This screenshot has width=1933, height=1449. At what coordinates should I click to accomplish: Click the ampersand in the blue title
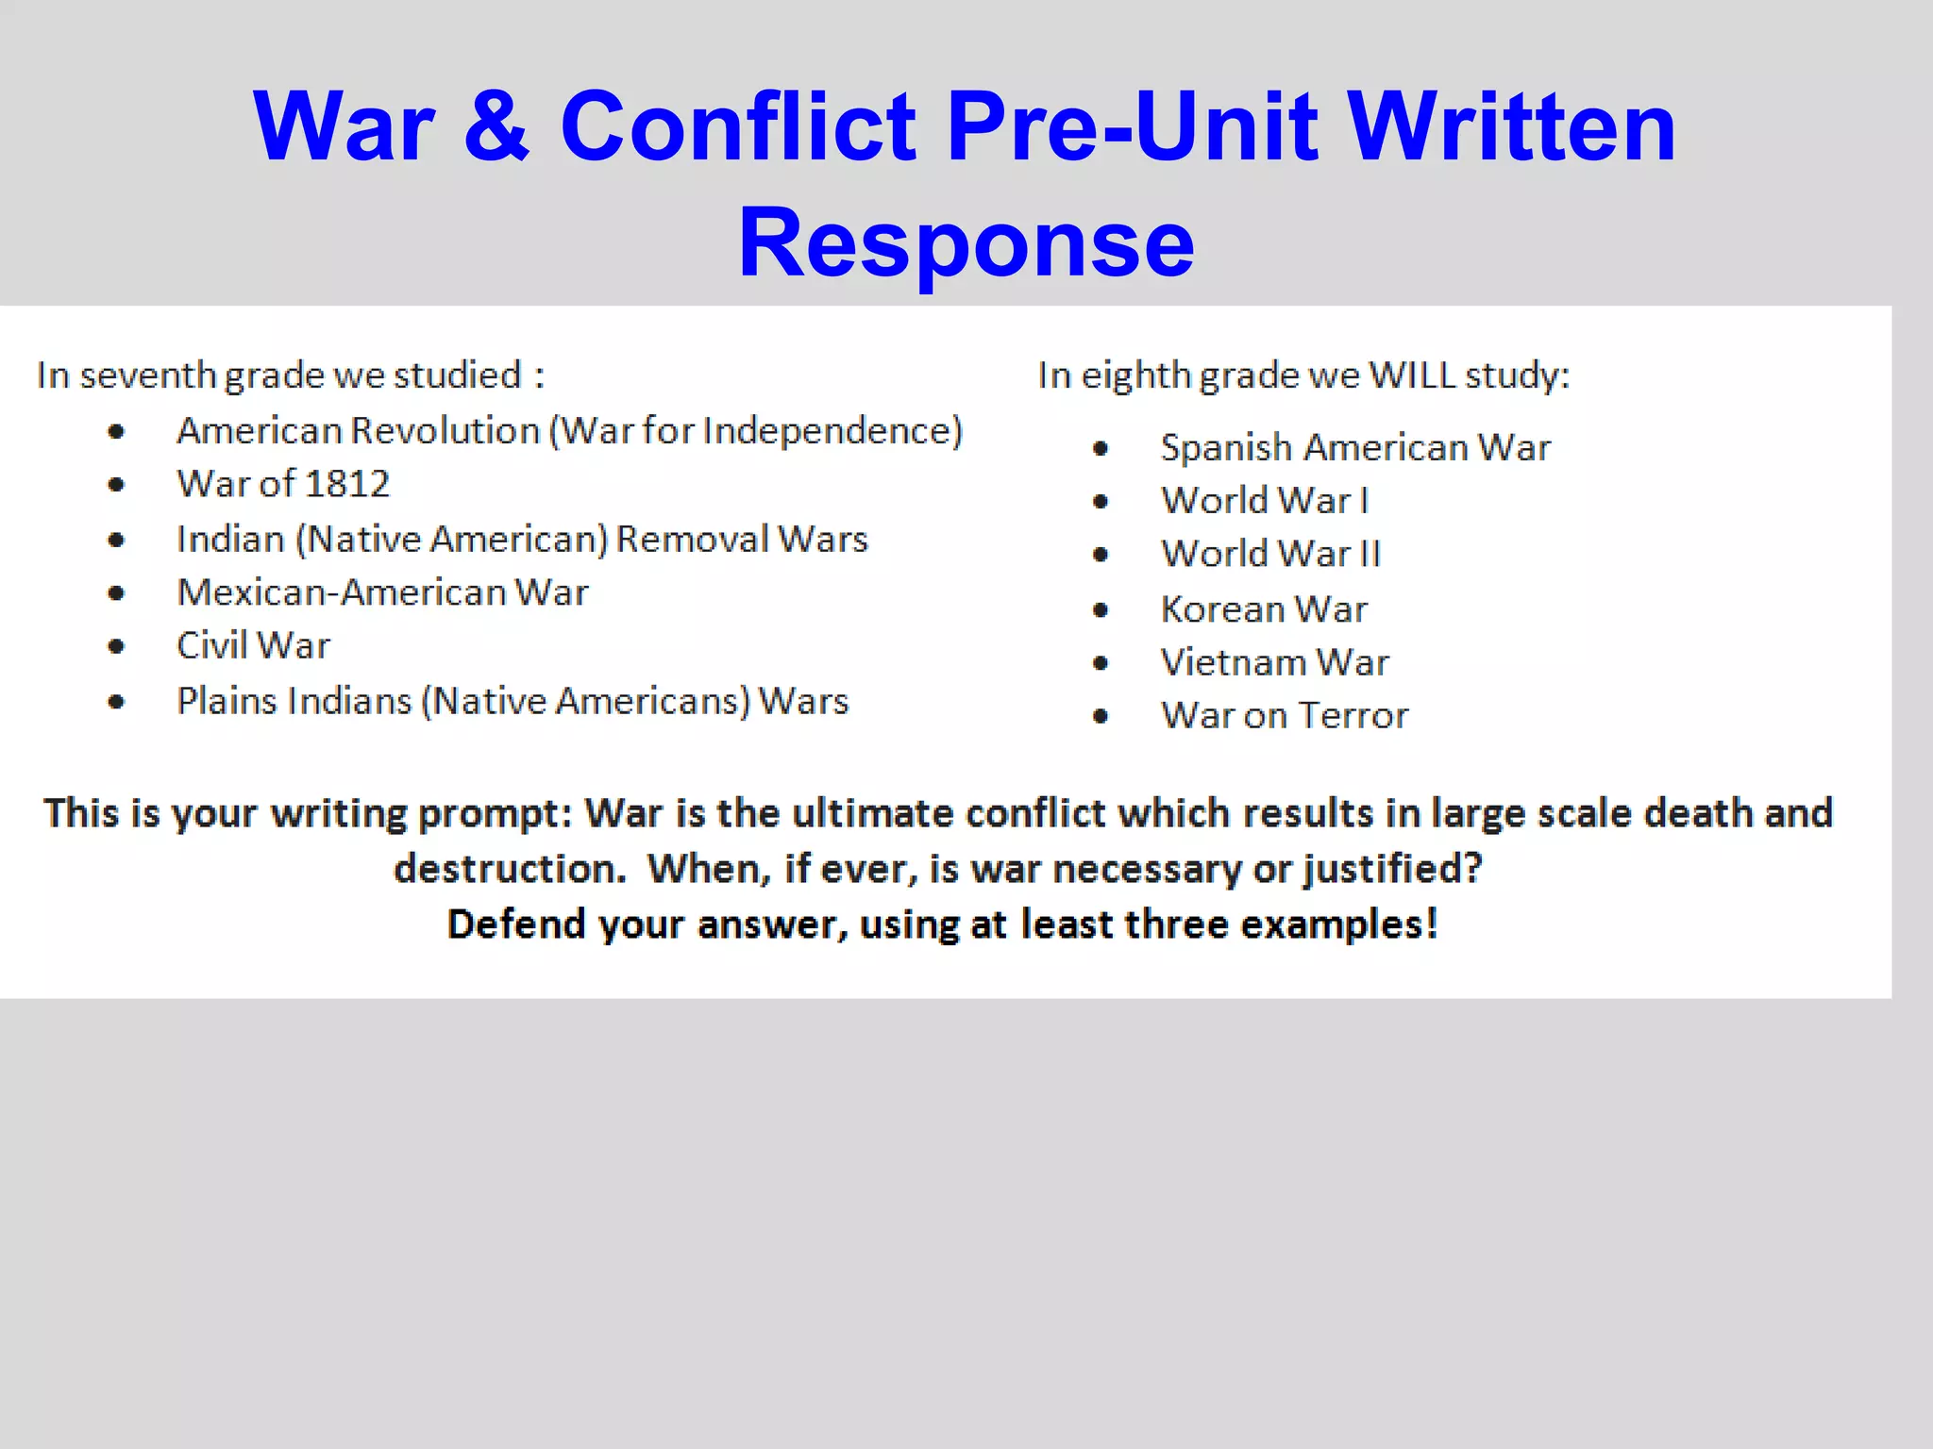coord(496,126)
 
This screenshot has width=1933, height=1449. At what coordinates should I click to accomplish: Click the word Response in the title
coord(966,243)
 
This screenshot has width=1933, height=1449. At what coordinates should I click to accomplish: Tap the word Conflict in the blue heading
coord(738,126)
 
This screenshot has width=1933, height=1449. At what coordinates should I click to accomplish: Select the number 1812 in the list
coord(347,484)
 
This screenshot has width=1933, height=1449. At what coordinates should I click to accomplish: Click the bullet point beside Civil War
coord(116,646)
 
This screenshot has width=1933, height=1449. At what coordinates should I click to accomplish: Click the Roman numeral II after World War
coord(1370,554)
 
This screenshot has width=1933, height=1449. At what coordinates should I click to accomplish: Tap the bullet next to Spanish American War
coord(1101,448)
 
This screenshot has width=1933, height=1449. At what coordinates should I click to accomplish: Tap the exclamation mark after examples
coord(1432,924)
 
